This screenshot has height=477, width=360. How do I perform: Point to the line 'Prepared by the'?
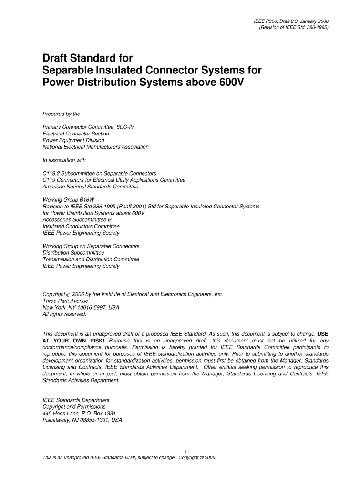tap(61, 114)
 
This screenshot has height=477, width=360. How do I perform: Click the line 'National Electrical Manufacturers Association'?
tap(95, 147)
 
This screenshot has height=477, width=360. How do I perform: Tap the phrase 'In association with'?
tap(64, 160)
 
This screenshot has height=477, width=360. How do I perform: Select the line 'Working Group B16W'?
tap(67, 200)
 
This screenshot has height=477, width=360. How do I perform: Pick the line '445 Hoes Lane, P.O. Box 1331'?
tap(79, 413)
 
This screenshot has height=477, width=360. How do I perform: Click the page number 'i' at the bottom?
tap(185, 451)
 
